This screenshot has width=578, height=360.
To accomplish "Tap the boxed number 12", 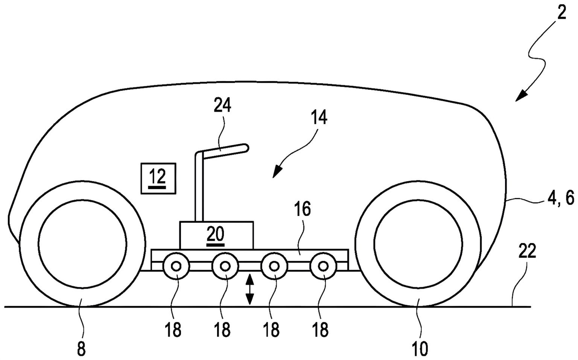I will pyautogui.click(x=158, y=178).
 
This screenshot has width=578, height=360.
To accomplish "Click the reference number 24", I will pyautogui.click(x=222, y=106).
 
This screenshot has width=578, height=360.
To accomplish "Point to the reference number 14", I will pyautogui.click(x=319, y=118).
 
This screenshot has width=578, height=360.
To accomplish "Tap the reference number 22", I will pyautogui.click(x=527, y=252).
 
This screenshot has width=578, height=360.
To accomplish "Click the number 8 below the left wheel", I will pyautogui.click(x=81, y=349).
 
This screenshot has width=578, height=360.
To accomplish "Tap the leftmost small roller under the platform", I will pyautogui.click(x=176, y=266).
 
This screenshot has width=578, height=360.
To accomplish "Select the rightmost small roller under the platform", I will pyautogui.click(x=323, y=266).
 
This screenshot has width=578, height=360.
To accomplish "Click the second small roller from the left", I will pyautogui.click(x=225, y=266).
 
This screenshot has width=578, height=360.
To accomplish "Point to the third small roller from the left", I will pyautogui.click(x=274, y=266).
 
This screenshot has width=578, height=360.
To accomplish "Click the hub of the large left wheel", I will pyautogui.click(x=82, y=245).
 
